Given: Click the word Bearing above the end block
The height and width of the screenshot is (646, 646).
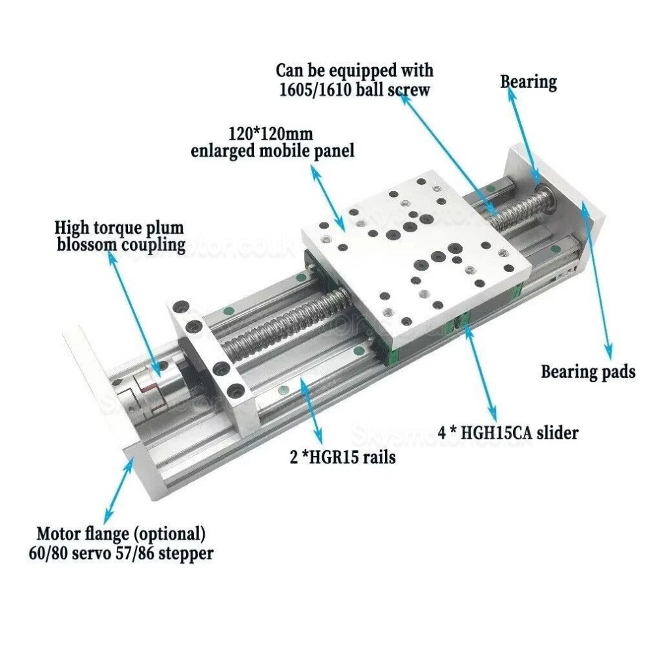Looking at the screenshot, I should click(528, 82).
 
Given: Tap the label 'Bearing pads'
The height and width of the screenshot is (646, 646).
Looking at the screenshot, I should click(587, 372).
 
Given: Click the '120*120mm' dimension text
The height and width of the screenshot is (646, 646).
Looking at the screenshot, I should click(270, 134).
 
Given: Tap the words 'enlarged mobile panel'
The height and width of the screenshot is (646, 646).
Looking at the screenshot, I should click(272, 151).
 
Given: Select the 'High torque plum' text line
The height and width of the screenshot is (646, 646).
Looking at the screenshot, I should click(119, 228).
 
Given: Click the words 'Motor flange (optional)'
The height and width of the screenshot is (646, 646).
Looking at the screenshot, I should click(121, 534).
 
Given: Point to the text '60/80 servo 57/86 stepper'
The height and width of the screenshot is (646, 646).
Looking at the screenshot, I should click(125, 554).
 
